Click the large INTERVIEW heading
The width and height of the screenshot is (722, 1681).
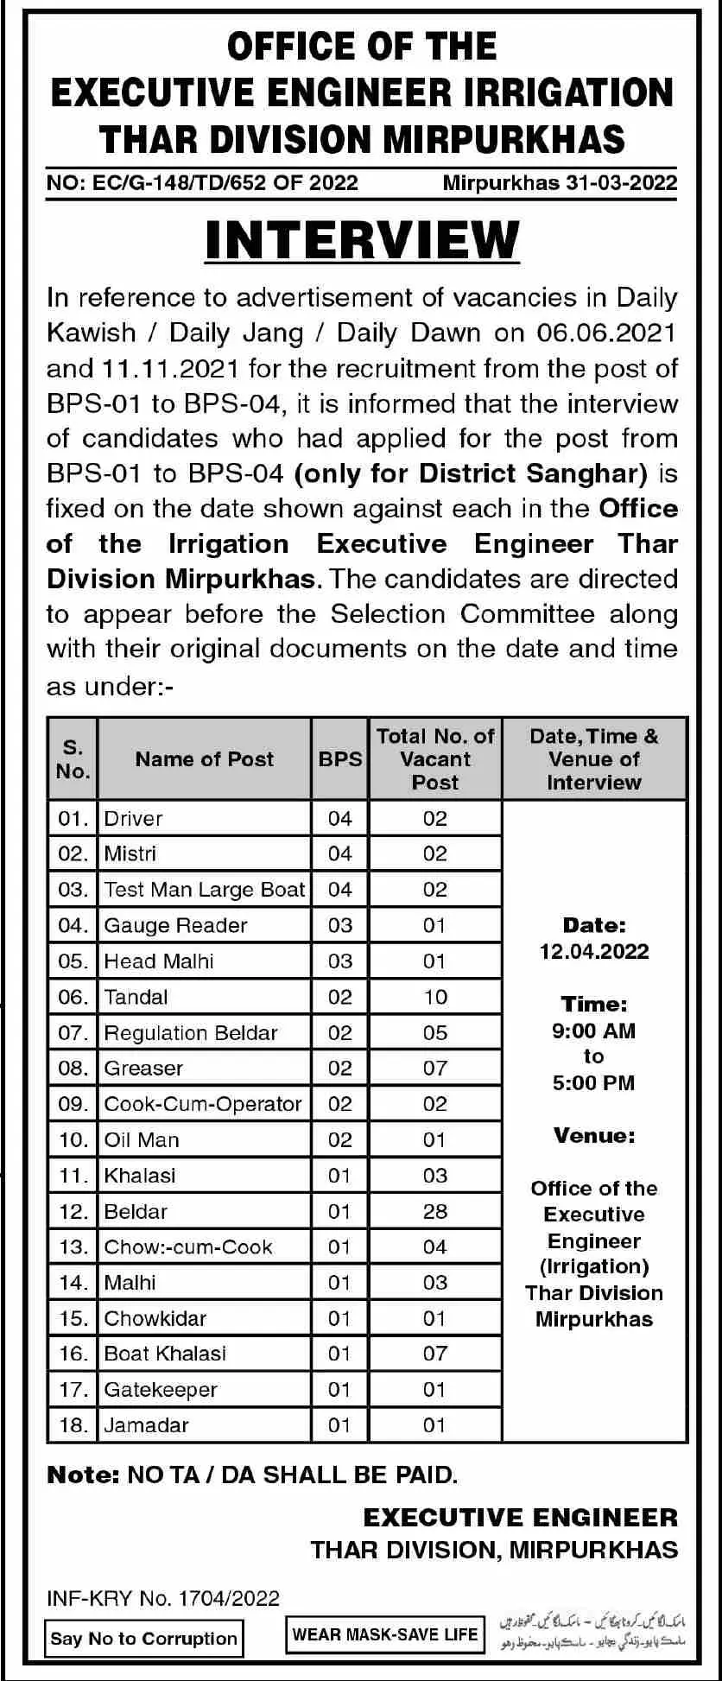(x=362, y=240)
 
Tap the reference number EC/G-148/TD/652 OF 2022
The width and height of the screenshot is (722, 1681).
(x=202, y=182)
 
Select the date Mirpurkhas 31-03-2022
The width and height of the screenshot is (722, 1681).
(x=560, y=182)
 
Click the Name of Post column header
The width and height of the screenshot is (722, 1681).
(x=204, y=758)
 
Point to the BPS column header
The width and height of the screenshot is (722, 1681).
(x=340, y=758)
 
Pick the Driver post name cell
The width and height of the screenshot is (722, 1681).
(x=133, y=818)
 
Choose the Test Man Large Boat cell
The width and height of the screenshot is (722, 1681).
(x=205, y=890)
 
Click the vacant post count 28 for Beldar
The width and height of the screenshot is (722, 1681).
(x=435, y=1211)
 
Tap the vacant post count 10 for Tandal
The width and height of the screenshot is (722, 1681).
(x=435, y=997)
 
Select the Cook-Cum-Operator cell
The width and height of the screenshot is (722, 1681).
(x=203, y=1104)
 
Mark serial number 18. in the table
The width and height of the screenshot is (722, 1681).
(x=73, y=1425)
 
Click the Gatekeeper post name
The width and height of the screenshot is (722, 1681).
(x=161, y=1390)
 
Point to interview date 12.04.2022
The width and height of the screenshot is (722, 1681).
(x=594, y=952)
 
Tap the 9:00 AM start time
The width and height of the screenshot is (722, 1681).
(x=594, y=1031)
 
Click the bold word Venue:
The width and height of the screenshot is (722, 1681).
(x=594, y=1135)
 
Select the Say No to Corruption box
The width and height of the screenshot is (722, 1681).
(x=143, y=1638)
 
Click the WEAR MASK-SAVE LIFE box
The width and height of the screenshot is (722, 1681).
(x=384, y=1634)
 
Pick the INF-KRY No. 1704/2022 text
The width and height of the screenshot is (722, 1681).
(x=163, y=1598)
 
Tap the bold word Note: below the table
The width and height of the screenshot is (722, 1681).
(x=83, y=1475)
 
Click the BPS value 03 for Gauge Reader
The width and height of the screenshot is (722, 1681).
(x=340, y=925)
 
